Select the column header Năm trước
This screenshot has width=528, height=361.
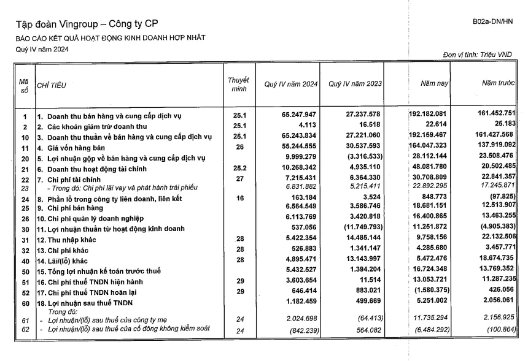pos(497,83)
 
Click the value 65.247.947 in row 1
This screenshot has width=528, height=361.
pos(298,115)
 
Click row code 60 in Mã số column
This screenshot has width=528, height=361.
pos(25,303)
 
